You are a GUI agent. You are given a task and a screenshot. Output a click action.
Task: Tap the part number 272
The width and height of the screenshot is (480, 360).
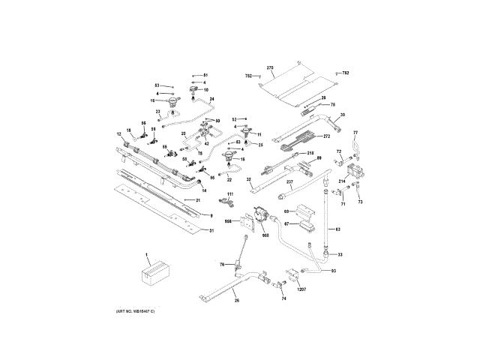(x=326, y=136)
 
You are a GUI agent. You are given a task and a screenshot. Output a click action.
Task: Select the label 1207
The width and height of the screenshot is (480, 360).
(x=302, y=289)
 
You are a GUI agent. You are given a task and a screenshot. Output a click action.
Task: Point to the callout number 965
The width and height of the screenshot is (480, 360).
(x=265, y=235)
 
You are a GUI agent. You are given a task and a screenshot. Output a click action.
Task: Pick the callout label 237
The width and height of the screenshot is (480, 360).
(x=289, y=181)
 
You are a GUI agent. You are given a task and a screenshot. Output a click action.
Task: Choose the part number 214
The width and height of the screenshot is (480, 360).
(x=341, y=181)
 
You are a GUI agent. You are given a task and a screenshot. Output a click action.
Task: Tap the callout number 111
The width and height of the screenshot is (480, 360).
(x=231, y=195)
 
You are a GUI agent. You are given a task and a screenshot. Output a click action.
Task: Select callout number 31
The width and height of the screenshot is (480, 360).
(x=211, y=230)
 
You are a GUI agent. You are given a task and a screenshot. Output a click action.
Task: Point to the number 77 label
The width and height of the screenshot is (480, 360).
(x=357, y=133)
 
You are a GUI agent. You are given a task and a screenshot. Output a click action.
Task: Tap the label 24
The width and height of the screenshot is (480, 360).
(x=212, y=99)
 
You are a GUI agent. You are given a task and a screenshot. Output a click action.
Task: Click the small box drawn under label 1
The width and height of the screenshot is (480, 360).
(x=152, y=271)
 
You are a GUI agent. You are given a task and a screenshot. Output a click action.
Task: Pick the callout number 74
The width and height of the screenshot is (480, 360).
(x=284, y=298)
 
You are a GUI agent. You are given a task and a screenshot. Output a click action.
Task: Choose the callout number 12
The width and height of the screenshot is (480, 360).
(x=118, y=133)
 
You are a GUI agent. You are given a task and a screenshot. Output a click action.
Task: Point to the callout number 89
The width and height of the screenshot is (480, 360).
(x=318, y=158)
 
